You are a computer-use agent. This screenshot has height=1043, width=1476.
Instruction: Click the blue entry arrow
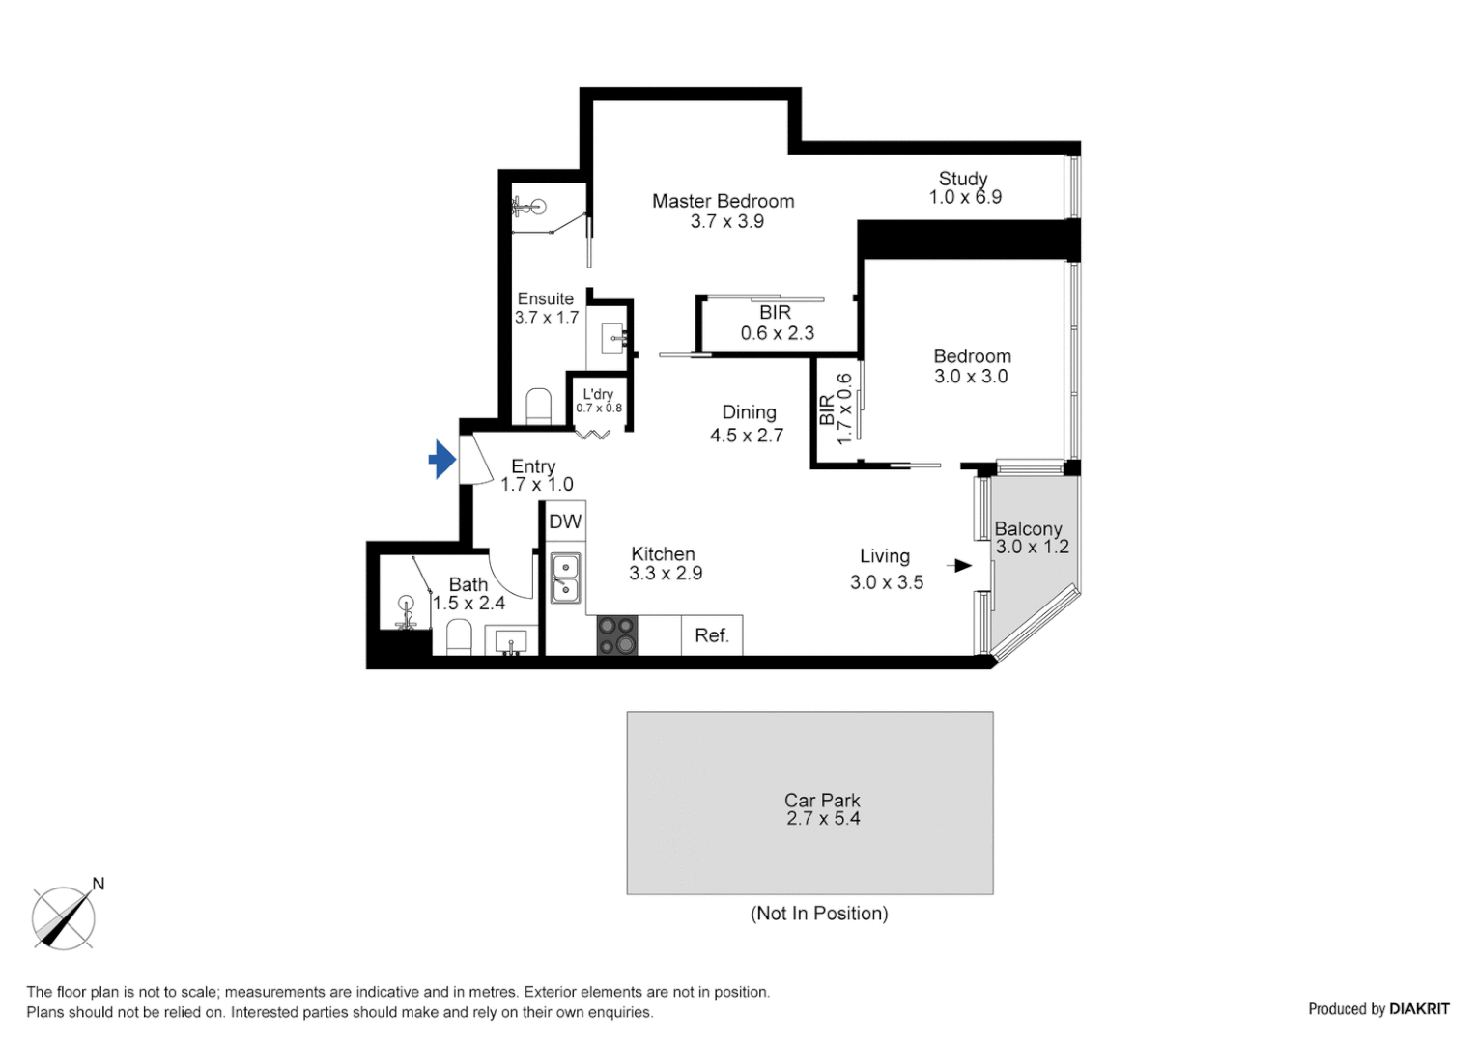(x=442, y=460)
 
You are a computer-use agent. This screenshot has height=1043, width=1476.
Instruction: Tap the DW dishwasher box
(x=565, y=522)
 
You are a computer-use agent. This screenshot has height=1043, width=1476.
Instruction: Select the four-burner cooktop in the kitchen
(x=617, y=635)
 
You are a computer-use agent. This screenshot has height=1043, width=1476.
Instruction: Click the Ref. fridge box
(x=712, y=635)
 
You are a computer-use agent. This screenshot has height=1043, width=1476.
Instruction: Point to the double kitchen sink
(x=565, y=578)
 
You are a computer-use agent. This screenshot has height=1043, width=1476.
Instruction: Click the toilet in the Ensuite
(x=538, y=407)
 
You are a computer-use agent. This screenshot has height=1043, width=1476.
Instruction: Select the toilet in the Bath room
(x=459, y=637)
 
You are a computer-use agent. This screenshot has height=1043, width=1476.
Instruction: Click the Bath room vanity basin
(x=510, y=641)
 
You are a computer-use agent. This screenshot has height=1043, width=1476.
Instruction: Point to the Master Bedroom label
(x=723, y=201)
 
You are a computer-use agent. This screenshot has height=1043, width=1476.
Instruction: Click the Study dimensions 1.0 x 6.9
(x=965, y=197)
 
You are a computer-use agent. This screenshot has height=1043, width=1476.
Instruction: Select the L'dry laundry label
(x=598, y=394)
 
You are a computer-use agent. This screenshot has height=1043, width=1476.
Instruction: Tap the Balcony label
(x=1028, y=528)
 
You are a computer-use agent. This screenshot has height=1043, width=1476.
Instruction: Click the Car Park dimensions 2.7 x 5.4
(x=823, y=819)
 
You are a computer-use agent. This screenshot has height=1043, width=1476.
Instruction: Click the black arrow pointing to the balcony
(x=961, y=566)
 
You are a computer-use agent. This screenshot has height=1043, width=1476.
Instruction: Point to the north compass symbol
(x=64, y=917)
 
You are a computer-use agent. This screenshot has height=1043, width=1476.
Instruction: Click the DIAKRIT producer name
(x=1419, y=1009)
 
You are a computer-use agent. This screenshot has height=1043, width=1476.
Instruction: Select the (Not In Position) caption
(x=819, y=914)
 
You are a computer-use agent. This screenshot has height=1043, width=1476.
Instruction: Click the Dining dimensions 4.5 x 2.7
(x=747, y=436)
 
